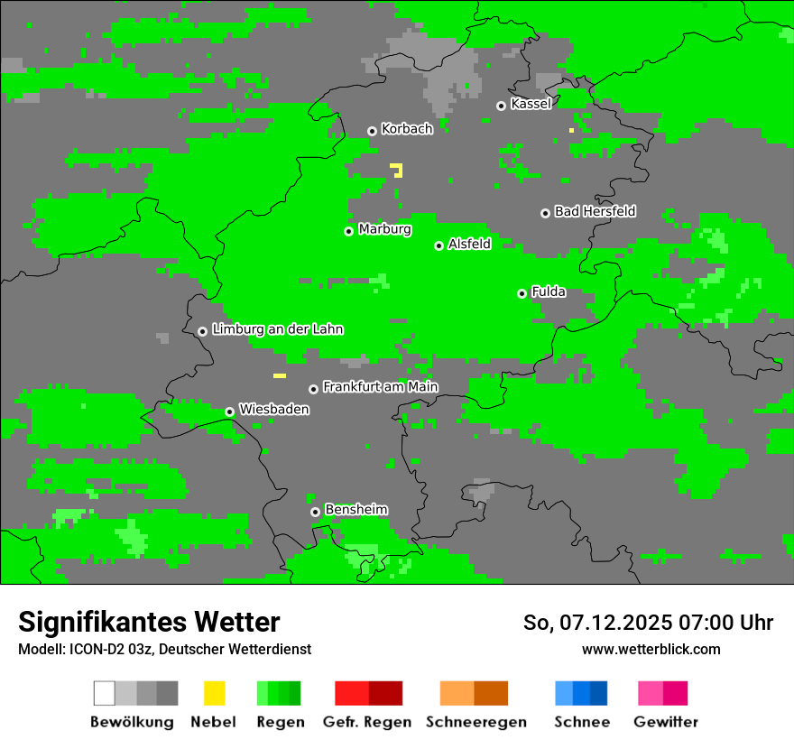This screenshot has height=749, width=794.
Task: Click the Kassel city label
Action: tap(531, 104)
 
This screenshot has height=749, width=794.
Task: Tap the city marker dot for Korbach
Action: tap(372, 131)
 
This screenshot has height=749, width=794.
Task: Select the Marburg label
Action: tap(384, 229)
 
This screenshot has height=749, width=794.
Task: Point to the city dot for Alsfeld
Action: tap(439, 245)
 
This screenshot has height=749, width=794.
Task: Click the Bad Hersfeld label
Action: tap(595, 211)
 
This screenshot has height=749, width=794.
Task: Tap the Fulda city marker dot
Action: tap(522, 293)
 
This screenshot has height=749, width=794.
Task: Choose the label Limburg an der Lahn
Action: tap(277, 329)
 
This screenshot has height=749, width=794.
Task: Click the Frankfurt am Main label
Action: tap(380, 387)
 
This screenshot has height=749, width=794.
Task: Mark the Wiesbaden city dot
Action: tap(229, 411)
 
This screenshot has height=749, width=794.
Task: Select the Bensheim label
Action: tap(355, 510)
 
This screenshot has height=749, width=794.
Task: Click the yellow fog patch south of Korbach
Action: tap(397, 169)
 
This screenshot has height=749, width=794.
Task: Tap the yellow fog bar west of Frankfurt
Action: tap(280, 375)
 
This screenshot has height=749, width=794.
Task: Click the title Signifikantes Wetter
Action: tap(149, 622)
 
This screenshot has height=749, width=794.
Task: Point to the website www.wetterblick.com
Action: tap(651, 649)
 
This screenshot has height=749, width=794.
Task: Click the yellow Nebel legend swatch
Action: tap(214, 693)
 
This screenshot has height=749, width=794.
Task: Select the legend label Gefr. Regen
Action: tap(366, 722)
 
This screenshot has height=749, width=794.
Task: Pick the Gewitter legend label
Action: tap(665, 722)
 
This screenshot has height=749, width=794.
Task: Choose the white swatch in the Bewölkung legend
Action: tap(105, 693)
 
